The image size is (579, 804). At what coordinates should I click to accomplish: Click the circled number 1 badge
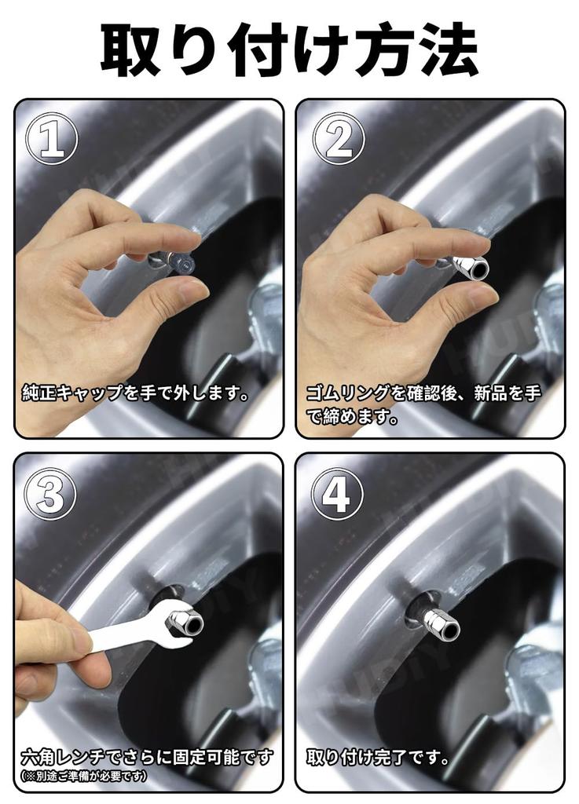[x=53, y=139]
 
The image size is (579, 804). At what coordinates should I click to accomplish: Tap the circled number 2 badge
[x=339, y=139]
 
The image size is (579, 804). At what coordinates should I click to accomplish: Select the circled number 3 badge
[x=53, y=494]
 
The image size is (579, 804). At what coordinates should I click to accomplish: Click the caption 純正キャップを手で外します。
[x=136, y=393]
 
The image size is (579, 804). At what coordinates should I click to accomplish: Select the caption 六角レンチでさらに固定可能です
[x=147, y=757]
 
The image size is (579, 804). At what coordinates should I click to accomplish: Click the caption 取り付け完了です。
[x=378, y=758]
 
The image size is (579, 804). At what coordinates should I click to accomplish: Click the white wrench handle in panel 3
[x=118, y=634]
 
